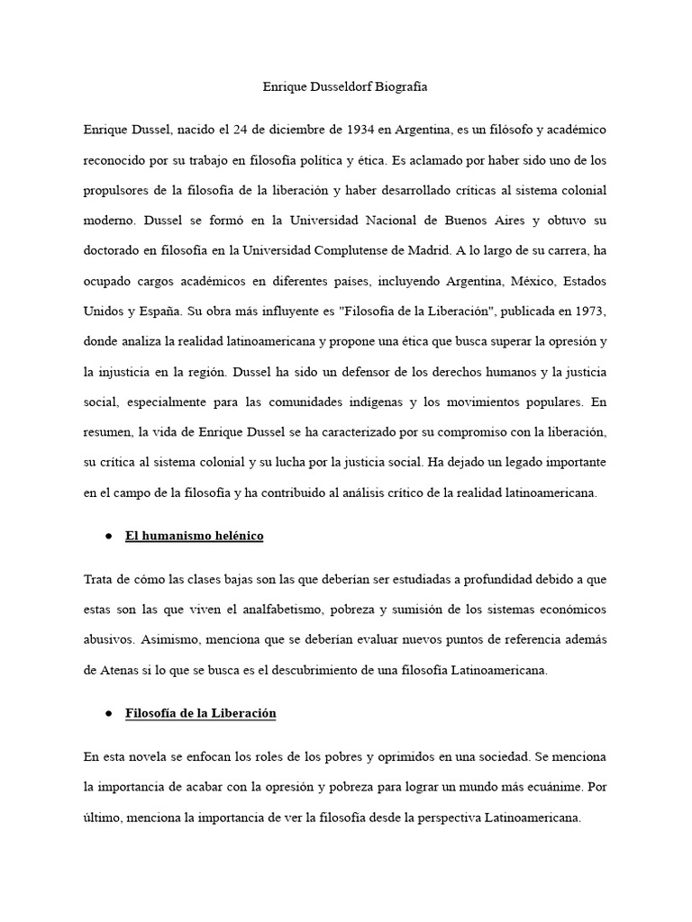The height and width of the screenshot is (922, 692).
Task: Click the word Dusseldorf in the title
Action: [347, 88]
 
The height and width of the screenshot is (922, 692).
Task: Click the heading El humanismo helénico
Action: [194, 536]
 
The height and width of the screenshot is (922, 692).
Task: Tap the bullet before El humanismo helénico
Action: [107, 536]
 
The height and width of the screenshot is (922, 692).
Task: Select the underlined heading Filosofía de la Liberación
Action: [200, 713]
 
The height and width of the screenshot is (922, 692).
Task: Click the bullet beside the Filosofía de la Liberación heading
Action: [107, 713]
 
